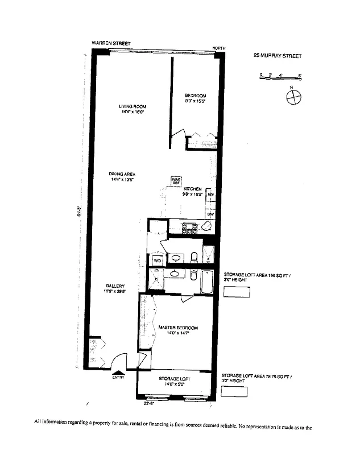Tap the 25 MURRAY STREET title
coord(277,56)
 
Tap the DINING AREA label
coord(122,176)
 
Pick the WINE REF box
coord(176,180)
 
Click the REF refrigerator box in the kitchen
coord(210,195)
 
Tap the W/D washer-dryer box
coord(157,260)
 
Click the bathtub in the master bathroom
coord(208,282)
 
